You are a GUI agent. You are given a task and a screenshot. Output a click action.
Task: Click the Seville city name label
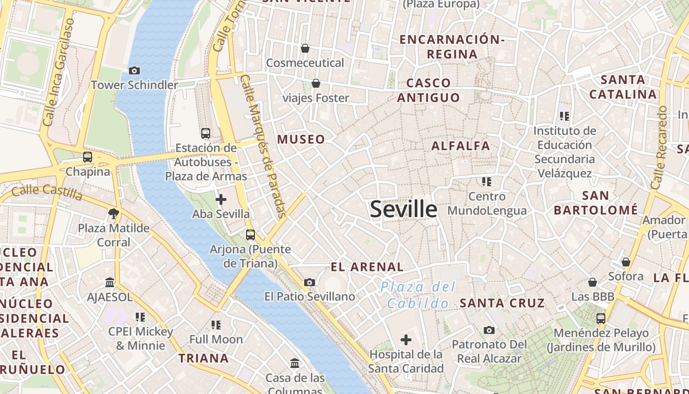click(403, 209)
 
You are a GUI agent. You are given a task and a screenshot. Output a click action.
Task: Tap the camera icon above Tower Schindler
click(134, 71)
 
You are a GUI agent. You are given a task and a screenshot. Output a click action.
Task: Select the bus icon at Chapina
click(88, 157)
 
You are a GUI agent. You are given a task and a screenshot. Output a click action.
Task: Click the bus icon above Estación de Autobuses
click(206, 133)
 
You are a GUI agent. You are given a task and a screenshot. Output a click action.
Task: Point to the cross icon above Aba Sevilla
click(221, 199)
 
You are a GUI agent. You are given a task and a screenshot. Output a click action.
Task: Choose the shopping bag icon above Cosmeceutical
click(305, 48)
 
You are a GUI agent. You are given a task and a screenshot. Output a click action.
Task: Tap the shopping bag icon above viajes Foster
click(315, 83)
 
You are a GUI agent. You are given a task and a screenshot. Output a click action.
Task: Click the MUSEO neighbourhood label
click(301, 139)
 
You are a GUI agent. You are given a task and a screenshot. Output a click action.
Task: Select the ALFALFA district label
click(461, 146)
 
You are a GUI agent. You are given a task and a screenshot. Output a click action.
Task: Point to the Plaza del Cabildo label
click(418, 295)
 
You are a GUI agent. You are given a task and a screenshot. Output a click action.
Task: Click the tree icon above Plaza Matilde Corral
click(114, 213)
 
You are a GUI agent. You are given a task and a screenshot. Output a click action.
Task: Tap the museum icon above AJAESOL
click(110, 283)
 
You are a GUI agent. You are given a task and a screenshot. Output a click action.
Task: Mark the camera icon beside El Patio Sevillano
click(310, 282)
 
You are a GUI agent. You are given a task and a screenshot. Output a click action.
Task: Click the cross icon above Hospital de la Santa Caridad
click(406, 339)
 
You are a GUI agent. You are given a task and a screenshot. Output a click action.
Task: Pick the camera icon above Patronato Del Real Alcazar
click(489, 330)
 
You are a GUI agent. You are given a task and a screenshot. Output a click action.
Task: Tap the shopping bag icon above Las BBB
click(593, 282)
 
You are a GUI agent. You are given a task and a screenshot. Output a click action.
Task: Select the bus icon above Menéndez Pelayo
click(601, 318)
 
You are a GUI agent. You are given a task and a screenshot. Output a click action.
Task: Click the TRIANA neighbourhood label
click(203, 358)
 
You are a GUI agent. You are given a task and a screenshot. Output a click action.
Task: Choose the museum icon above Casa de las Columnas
click(295, 363)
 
